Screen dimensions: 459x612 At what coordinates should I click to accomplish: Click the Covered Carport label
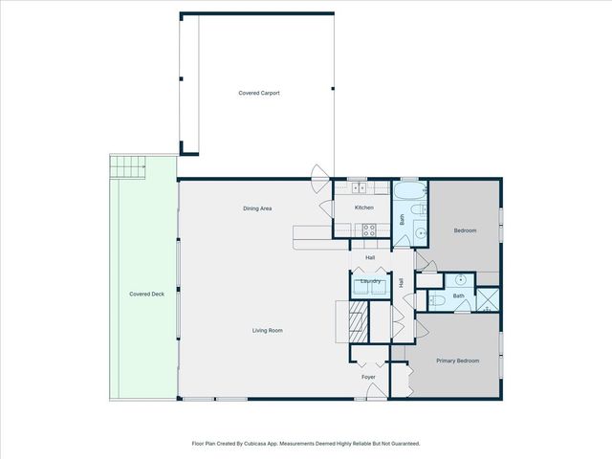click(x=258, y=93)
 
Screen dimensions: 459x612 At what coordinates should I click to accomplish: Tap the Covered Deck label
click(x=147, y=294)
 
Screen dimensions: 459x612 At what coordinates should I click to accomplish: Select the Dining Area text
click(x=258, y=208)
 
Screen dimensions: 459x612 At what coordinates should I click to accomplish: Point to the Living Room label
click(x=267, y=330)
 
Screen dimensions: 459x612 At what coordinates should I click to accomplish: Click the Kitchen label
click(x=364, y=208)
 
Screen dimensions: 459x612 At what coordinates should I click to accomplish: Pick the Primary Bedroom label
click(x=457, y=361)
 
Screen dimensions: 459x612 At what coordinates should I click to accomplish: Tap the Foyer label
click(x=368, y=377)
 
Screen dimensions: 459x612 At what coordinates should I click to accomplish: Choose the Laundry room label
click(x=371, y=281)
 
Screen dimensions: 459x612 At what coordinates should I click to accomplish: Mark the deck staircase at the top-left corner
click(x=127, y=168)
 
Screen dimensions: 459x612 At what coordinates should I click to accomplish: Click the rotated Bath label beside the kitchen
click(x=403, y=218)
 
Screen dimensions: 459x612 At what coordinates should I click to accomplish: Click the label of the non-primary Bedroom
click(x=465, y=230)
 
